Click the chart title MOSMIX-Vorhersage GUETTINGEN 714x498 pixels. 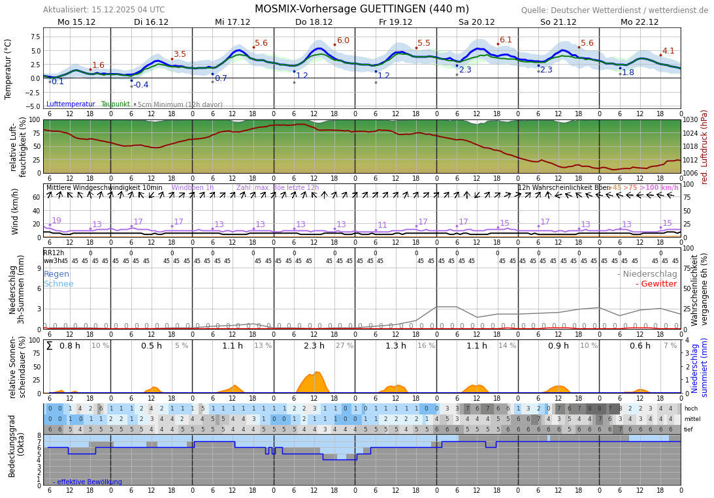click(x=361, y=9)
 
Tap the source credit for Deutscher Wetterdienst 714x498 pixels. click(x=614, y=10)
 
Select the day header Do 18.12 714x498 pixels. click(x=314, y=22)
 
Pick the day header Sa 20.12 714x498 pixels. click(x=476, y=22)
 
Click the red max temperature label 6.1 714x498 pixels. click(x=506, y=40)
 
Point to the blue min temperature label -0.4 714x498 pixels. click(x=141, y=86)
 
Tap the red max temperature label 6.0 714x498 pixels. click(x=343, y=41)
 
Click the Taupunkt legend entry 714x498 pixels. click(x=115, y=104)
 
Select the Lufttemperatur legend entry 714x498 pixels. click(x=71, y=104)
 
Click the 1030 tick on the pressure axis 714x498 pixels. click(x=690, y=119)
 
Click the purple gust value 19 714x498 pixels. click(x=56, y=221)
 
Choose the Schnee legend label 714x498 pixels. click(x=59, y=284)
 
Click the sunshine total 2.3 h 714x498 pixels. click(x=314, y=346)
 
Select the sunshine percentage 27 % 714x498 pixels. click(x=344, y=346)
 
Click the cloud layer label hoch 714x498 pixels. click(x=690, y=409)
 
